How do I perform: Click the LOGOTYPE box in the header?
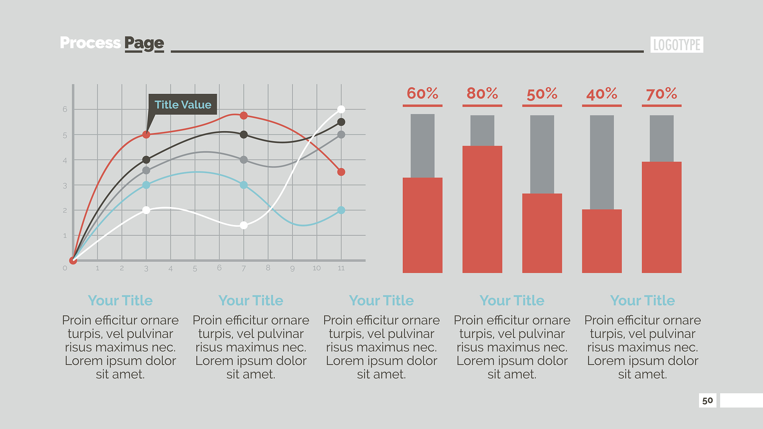pyautogui.click(x=677, y=45)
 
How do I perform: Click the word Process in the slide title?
pyautogui.click(x=90, y=43)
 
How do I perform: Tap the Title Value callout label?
pyautogui.click(x=183, y=105)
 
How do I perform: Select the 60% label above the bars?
pyautogui.click(x=422, y=93)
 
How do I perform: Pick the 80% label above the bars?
pyautogui.click(x=482, y=93)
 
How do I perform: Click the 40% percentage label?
pyautogui.click(x=602, y=94)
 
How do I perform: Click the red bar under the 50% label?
pyautogui.click(x=542, y=233)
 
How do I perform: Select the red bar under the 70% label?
pyautogui.click(x=662, y=217)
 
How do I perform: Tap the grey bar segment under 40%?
pyautogui.click(x=602, y=162)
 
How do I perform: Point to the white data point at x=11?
pyautogui.click(x=341, y=109)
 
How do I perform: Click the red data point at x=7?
pyautogui.click(x=244, y=115)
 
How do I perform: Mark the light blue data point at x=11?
pyautogui.click(x=341, y=210)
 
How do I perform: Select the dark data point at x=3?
pyautogui.click(x=146, y=160)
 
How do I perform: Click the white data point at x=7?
pyautogui.click(x=244, y=225)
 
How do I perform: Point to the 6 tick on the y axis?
pyautogui.click(x=65, y=109)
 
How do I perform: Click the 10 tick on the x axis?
pyautogui.click(x=317, y=268)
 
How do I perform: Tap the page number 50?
pyautogui.click(x=707, y=401)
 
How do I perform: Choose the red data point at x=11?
pyautogui.click(x=341, y=172)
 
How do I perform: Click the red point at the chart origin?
pyautogui.click(x=73, y=260)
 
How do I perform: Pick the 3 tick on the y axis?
pyautogui.click(x=65, y=185)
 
